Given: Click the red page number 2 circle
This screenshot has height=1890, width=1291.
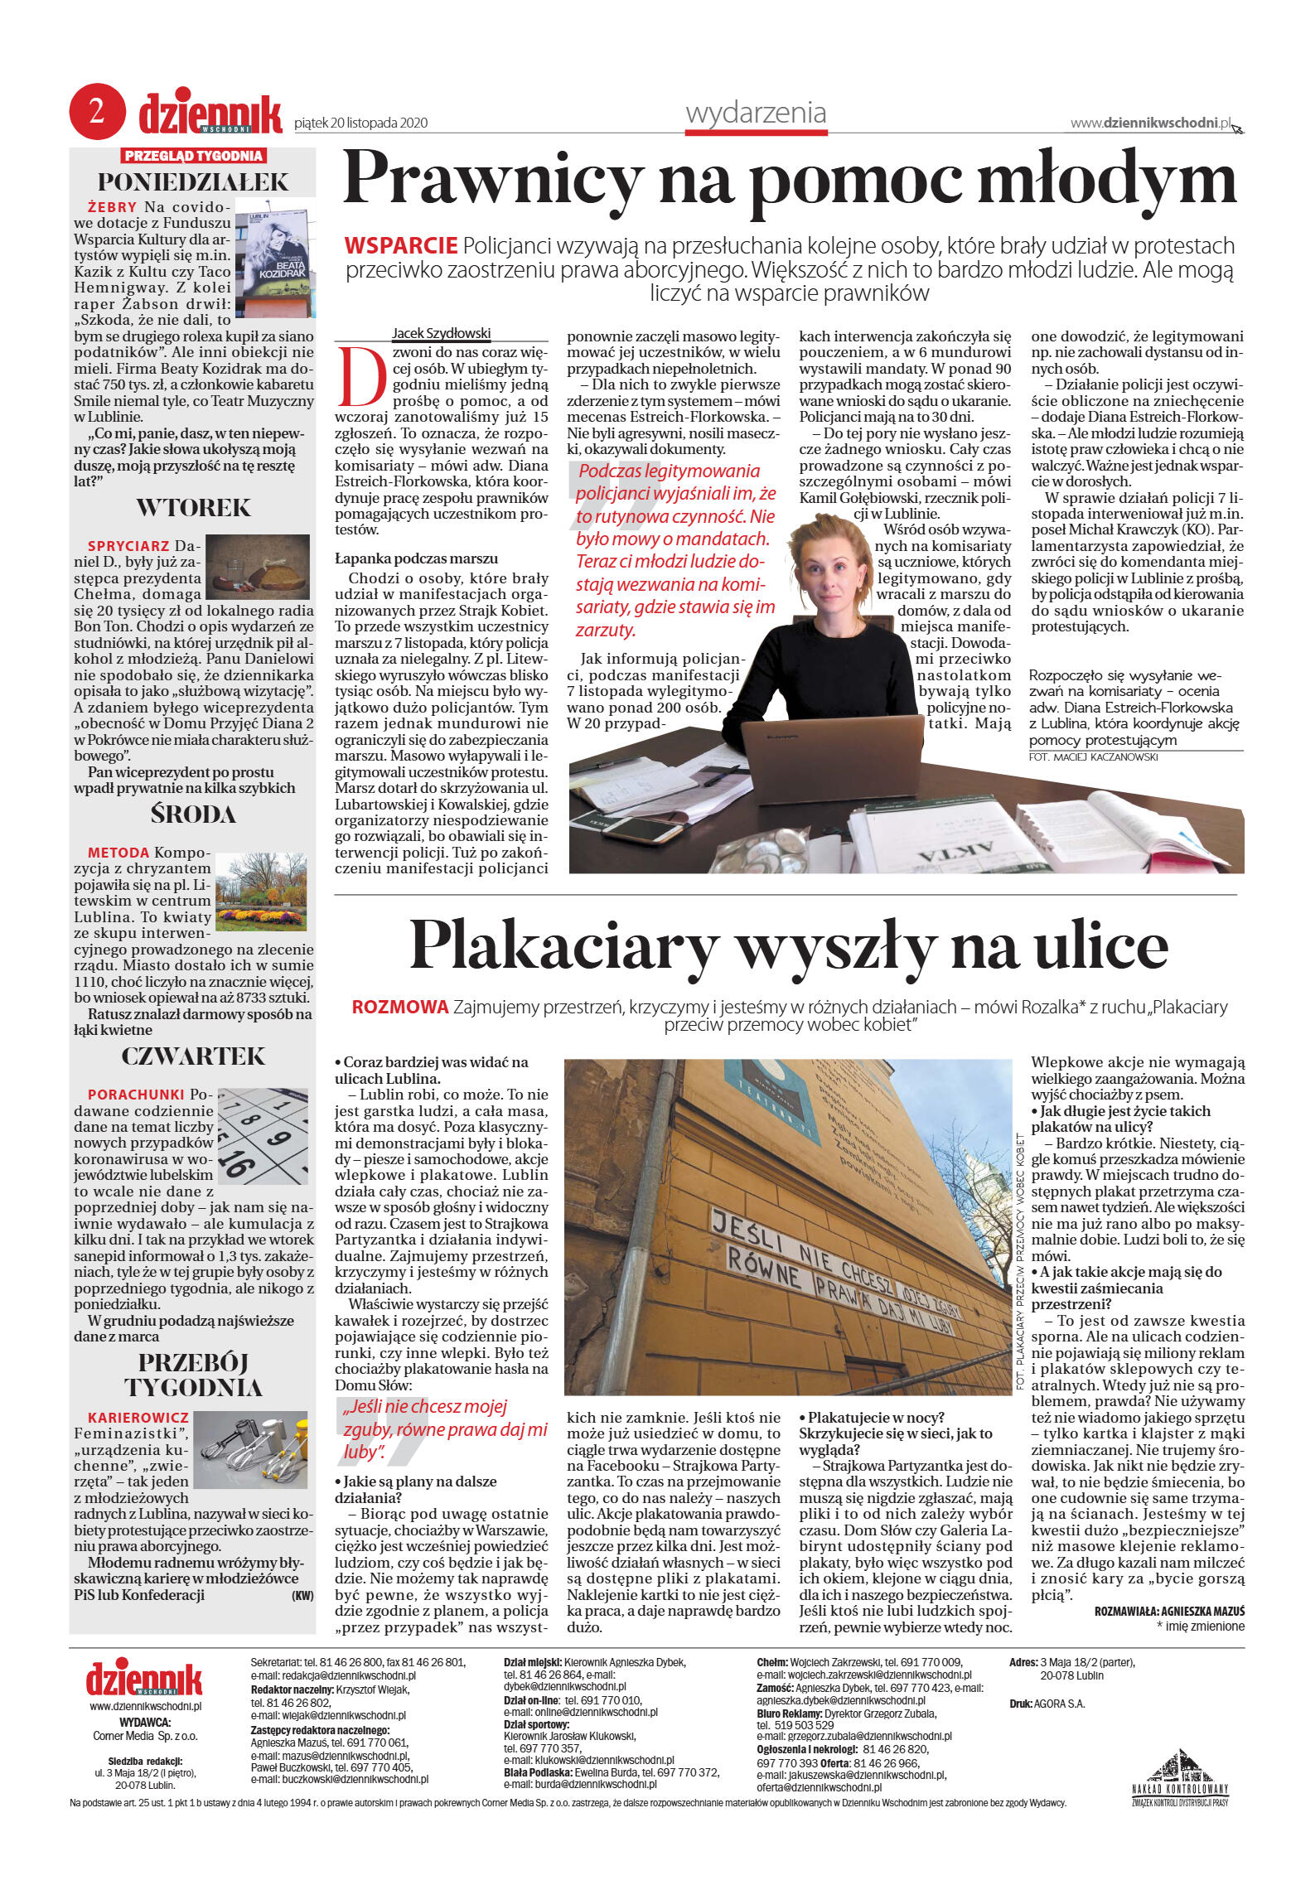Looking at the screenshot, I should [x=97, y=111].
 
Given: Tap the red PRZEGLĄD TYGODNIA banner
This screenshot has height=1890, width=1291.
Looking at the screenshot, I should [x=193, y=156].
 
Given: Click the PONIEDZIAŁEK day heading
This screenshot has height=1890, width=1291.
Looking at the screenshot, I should [x=193, y=181].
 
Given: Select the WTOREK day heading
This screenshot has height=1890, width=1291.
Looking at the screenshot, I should [x=193, y=507].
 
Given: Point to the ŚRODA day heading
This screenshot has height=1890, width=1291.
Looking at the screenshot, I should [x=193, y=814].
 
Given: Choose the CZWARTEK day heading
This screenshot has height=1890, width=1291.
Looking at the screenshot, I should [x=193, y=1056].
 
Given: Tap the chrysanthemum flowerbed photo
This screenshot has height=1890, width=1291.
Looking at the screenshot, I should [x=260, y=892].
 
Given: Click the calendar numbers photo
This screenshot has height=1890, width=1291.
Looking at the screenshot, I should [x=262, y=1136].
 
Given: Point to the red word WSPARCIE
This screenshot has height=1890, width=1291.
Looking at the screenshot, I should [x=401, y=246].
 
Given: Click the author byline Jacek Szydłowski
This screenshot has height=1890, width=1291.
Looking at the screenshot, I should [x=441, y=333].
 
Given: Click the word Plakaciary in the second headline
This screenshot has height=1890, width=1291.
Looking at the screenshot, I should [x=563, y=946].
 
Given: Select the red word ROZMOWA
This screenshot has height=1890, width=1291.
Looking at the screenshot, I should [x=399, y=1008].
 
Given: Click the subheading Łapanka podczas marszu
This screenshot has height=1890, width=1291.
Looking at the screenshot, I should [x=416, y=558].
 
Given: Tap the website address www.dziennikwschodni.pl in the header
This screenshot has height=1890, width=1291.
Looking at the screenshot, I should [x=1151, y=123].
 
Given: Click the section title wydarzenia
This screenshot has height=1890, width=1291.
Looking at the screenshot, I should [x=756, y=113].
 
